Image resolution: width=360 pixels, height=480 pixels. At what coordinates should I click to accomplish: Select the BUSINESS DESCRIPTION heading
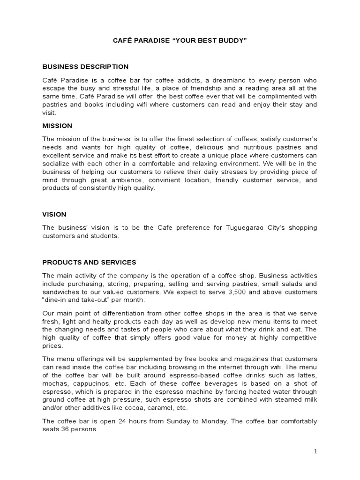tap(85, 67)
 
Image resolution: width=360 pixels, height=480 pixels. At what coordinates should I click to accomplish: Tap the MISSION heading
tap(57, 126)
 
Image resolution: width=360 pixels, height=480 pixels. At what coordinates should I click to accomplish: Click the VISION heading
tap(54, 214)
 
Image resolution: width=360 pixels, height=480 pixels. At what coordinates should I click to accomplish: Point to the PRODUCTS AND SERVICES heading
tap(89, 262)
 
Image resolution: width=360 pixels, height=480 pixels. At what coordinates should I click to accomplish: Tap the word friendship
tap(199, 88)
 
